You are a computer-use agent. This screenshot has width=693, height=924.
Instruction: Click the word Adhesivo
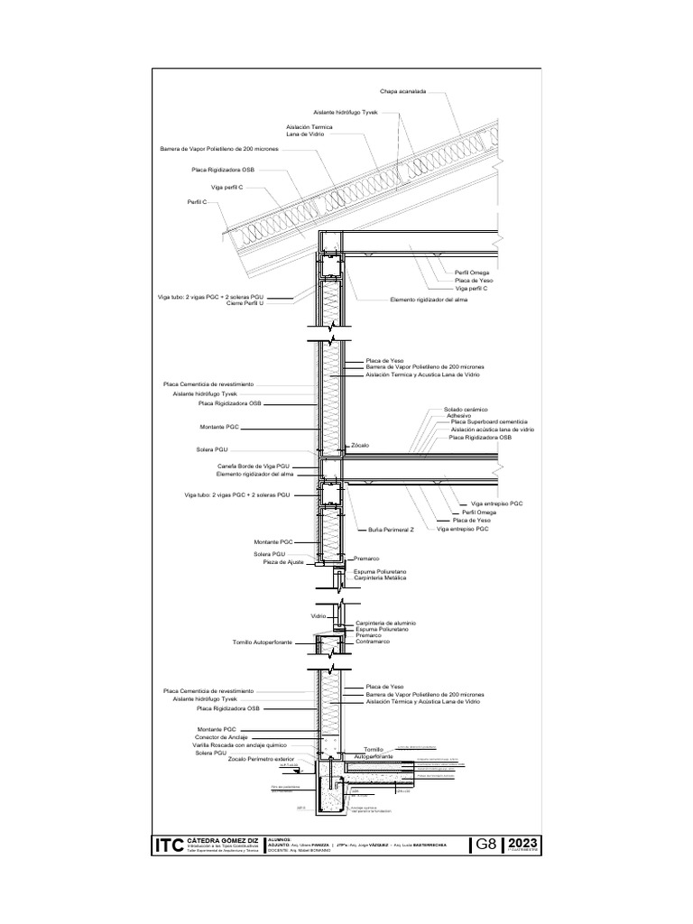point(460,416)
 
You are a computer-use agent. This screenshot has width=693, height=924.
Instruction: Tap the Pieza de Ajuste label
point(282,562)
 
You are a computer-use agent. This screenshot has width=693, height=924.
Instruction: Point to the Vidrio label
point(318,615)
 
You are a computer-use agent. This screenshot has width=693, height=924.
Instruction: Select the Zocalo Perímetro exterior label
point(262,761)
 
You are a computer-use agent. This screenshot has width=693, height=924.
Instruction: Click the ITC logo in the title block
point(169,845)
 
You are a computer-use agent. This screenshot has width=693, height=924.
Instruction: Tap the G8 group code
point(485,844)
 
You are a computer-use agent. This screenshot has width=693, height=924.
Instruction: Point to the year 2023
point(522,842)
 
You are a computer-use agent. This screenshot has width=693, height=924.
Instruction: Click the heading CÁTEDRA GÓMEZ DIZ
point(221,839)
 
